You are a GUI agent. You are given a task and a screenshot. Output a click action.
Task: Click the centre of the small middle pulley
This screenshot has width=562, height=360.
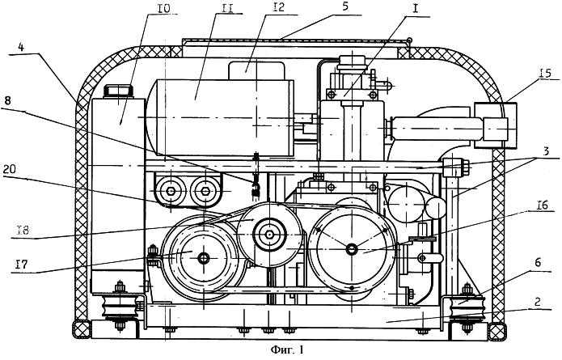(266, 235)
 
